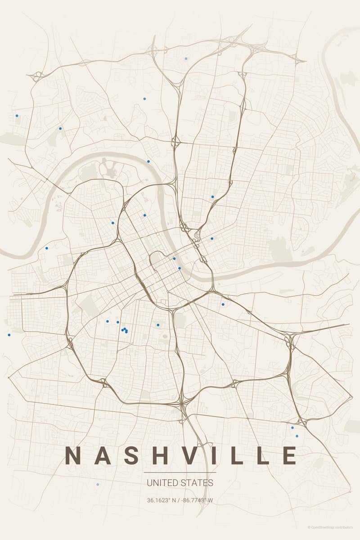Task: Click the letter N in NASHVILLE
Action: (73, 455)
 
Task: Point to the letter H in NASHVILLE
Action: (159, 455)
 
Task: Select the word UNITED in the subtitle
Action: (162, 483)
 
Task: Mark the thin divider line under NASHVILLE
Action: (180, 472)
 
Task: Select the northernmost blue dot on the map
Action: (186, 58)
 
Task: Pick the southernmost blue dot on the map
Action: (98, 484)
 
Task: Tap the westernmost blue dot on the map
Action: (9, 335)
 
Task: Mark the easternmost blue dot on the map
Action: (297, 436)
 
